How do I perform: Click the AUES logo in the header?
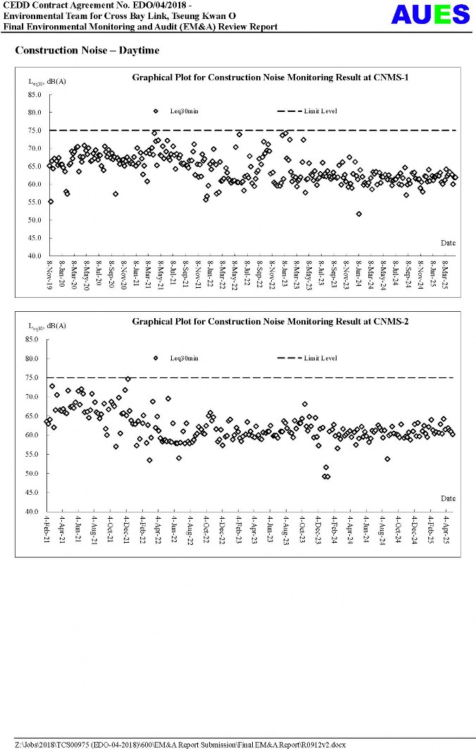click(430, 15)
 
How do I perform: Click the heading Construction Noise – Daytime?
click(87, 51)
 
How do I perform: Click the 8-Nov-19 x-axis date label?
click(50, 275)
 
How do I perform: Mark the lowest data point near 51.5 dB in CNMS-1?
click(359, 214)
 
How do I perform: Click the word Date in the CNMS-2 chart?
click(448, 498)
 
